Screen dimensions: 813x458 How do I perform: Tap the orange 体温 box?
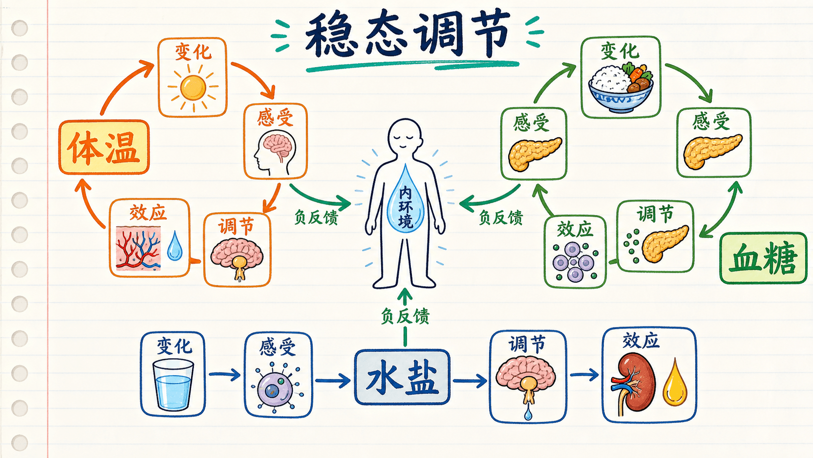104,147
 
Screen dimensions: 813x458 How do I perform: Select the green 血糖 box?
763,258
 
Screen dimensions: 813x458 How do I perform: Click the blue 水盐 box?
402,377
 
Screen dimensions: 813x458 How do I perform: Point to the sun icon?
193,88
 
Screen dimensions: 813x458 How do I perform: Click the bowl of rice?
621,87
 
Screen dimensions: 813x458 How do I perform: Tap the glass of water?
173,385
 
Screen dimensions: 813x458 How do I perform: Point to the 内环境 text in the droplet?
406,207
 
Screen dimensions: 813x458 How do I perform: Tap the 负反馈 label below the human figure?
405,316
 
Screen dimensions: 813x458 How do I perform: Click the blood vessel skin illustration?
138,249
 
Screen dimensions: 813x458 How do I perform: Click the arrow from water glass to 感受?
224,374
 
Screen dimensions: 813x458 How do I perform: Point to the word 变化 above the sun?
193,52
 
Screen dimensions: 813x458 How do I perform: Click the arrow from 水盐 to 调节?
470,381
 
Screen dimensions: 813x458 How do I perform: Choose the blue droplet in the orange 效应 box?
175,246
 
